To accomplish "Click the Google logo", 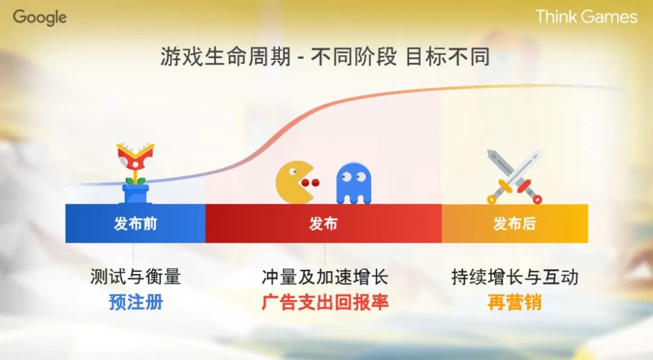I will pyautogui.click(x=40, y=18).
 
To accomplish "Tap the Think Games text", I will pyautogui.click(x=586, y=16).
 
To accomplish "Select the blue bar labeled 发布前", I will pyautogui.click(x=135, y=224).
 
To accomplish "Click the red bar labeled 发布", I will pyautogui.click(x=323, y=224).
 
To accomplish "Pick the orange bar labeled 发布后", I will pyautogui.click(x=515, y=224).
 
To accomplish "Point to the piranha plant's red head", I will pyautogui.click(x=135, y=157).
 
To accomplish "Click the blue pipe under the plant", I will pyautogui.click(x=135, y=194).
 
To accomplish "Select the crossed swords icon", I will pyautogui.click(x=515, y=176).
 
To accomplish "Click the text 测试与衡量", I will pyautogui.click(x=135, y=277).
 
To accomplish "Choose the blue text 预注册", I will pyautogui.click(x=135, y=301).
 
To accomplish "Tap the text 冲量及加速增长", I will pyautogui.click(x=325, y=277).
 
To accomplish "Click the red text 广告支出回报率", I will pyautogui.click(x=325, y=302).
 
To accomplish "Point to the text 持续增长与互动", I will pyautogui.click(x=515, y=277).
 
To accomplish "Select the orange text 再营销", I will pyautogui.click(x=515, y=302).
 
